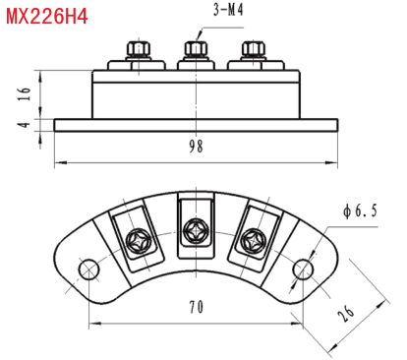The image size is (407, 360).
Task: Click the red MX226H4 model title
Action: [x=47, y=17]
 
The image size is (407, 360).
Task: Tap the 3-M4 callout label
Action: [x=228, y=10]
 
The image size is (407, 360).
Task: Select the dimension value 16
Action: [x=25, y=93]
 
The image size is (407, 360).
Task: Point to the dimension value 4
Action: [x=24, y=125]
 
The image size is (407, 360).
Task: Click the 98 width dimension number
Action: [x=196, y=147]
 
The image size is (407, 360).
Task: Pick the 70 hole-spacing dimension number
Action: [x=196, y=307]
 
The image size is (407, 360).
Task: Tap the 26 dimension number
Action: [x=346, y=313]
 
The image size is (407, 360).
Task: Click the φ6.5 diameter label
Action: [x=360, y=210]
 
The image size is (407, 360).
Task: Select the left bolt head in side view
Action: [x=139, y=49]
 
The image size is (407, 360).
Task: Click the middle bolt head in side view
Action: [x=196, y=49]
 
